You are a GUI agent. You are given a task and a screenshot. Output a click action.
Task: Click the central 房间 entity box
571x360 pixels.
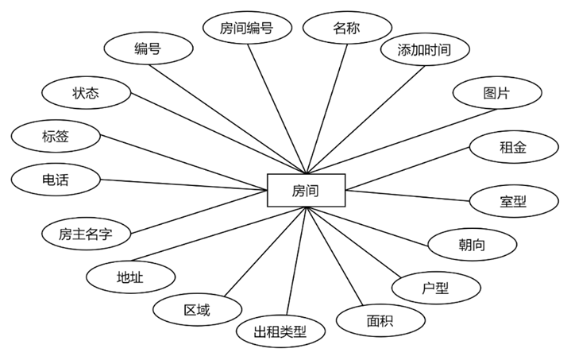click(306, 191)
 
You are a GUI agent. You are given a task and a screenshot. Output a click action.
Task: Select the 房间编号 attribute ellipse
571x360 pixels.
click(246, 29)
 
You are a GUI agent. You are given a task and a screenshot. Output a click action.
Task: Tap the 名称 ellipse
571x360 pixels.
click(346, 29)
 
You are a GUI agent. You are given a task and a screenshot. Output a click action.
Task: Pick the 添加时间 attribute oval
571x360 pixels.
click(424, 50)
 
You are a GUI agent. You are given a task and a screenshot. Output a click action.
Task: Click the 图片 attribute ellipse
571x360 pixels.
click(497, 93)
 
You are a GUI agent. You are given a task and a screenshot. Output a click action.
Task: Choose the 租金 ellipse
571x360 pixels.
click(513, 147)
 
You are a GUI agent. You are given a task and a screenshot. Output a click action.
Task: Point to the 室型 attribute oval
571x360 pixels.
click(513, 201)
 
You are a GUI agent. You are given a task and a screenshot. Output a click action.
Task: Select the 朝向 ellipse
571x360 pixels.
click(472, 245)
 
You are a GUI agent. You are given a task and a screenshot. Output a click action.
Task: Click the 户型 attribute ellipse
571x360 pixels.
click(435, 288)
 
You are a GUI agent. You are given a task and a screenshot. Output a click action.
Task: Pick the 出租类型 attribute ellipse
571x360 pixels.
click(280, 331)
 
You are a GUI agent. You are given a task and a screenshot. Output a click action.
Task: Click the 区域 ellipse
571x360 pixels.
click(197, 310)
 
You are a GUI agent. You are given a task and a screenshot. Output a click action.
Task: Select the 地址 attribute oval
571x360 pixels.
click(129, 277)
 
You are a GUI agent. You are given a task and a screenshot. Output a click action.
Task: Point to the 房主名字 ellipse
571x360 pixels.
click(86, 234)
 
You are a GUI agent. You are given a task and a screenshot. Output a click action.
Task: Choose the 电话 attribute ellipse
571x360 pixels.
click(56, 180)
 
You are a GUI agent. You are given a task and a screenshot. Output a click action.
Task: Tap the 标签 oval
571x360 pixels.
click(56, 137)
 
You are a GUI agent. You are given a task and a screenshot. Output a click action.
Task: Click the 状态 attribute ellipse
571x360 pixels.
click(86, 93)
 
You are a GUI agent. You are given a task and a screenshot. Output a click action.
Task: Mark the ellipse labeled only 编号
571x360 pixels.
click(148, 49)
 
